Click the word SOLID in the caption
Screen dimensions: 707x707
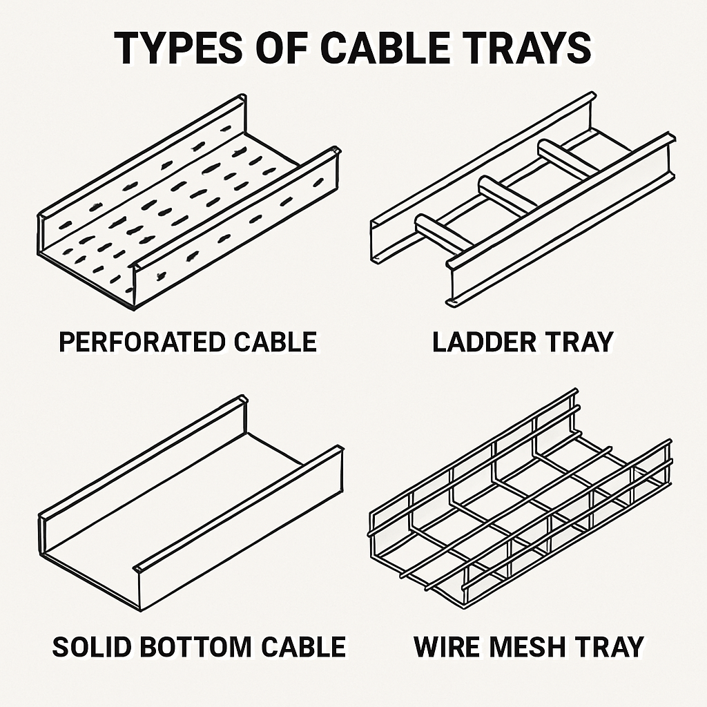(90, 647)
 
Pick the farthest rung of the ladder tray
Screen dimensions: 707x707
(568, 159)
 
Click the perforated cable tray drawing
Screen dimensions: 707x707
(188, 202)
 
